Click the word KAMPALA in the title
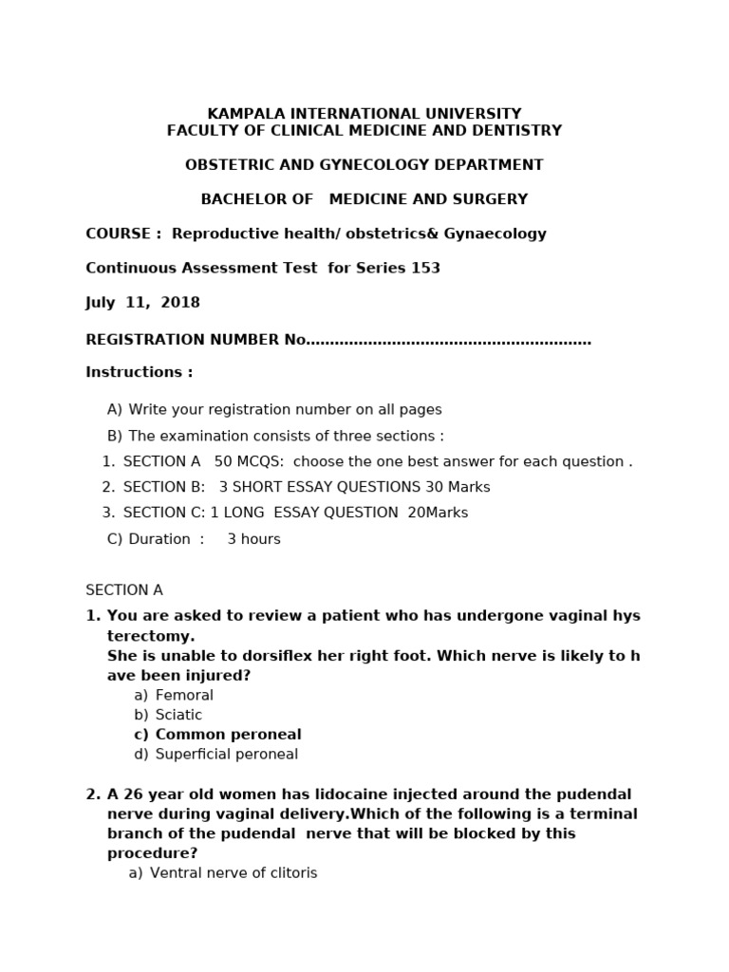tap(245, 114)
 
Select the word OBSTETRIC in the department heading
tap(227, 165)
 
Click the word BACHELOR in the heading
tap(235, 199)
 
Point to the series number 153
tap(425, 269)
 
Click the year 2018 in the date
tap(180, 303)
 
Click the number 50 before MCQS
tap(223, 462)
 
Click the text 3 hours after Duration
tap(253, 539)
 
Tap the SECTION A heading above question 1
tap(124, 590)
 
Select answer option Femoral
tap(184, 696)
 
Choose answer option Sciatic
tap(178, 715)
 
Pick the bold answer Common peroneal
tap(228, 735)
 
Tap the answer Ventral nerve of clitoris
tap(234, 873)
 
